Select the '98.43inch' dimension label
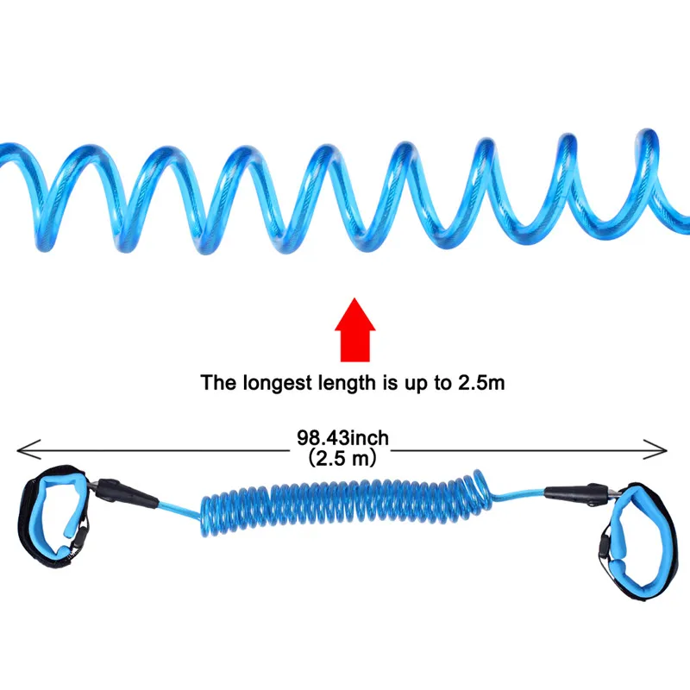pyautogui.click(x=342, y=438)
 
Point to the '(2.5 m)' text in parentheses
pyautogui.click(x=342, y=459)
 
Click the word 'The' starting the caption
pyautogui.click(x=216, y=382)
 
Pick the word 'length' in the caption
pyautogui.click(x=342, y=382)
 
